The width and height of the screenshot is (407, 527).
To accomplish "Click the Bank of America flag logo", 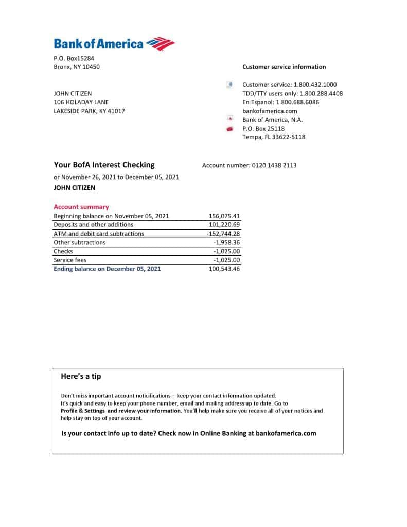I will click(x=161, y=44).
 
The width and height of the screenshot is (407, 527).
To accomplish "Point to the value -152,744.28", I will click(x=223, y=234).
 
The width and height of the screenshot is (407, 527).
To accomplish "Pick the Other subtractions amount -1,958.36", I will click(x=226, y=242).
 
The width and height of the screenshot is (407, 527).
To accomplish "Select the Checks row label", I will click(x=63, y=251).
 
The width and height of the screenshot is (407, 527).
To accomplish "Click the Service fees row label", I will click(x=70, y=260).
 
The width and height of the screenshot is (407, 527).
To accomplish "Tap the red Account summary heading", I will click(x=81, y=207).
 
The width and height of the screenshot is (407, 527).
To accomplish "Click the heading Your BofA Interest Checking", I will click(x=104, y=165).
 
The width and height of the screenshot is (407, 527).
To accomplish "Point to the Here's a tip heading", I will click(x=81, y=376).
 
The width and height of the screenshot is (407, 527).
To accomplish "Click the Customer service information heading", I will click(x=284, y=67).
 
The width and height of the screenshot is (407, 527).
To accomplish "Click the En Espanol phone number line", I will click(x=280, y=102).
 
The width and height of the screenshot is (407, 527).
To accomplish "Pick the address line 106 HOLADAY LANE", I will click(x=81, y=102).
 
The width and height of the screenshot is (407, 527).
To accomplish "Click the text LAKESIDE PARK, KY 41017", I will click(x=89, y=111).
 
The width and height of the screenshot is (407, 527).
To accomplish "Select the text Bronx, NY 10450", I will click(x=77, y=67).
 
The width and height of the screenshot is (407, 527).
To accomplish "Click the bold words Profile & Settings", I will click(x=83, y=411).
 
